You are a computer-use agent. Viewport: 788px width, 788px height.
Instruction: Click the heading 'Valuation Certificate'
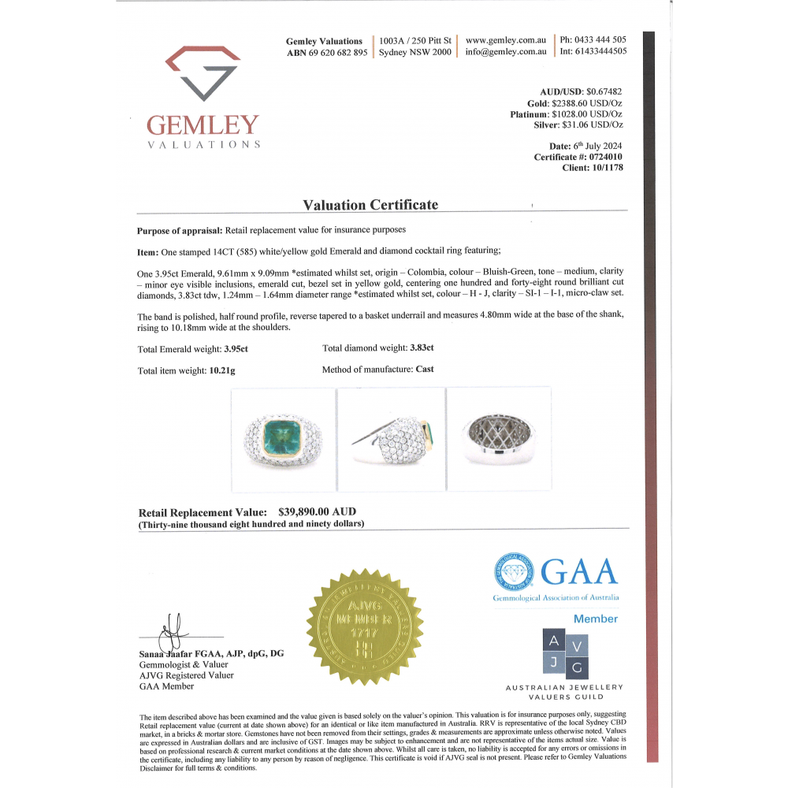tap(370, 205)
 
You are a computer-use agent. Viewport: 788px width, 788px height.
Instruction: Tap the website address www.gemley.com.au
tap(506, 39)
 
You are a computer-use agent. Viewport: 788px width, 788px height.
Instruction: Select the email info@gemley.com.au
tap(506, 52)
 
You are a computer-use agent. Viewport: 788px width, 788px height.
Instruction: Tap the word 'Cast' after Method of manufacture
tap(424, 369)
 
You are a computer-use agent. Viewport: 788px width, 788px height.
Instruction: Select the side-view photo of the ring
tap(391, 439)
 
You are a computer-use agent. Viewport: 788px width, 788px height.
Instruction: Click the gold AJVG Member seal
tap(365, 626)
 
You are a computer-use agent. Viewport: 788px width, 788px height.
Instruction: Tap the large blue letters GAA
tap(578, 571)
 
